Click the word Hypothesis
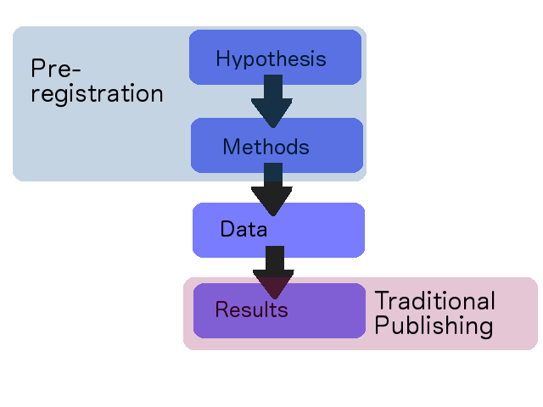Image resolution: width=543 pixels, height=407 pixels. [271, 59]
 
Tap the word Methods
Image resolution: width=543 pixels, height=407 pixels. [266, 147]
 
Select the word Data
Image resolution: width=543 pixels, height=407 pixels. [244, 229]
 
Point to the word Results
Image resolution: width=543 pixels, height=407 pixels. [251, 309]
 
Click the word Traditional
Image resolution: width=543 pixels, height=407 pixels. [435, 300]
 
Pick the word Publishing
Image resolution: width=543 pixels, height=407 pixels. [434, 326]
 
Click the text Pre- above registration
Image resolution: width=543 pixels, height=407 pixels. [56, 68]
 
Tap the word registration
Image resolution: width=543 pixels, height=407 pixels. [97, 93]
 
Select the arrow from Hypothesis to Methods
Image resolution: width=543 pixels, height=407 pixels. [272, 102]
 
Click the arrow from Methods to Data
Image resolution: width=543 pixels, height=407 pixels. [272, 190]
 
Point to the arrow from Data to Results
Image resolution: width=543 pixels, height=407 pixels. [274, 273]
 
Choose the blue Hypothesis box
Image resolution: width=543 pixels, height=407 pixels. [275, 57]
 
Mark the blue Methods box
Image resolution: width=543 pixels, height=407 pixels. [277, 145]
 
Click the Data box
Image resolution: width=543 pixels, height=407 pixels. [279, 230]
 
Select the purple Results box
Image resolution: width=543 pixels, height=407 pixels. [279, 311]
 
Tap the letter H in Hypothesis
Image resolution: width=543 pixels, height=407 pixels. [222, 59]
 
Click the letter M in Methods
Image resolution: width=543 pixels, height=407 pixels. [232, 147]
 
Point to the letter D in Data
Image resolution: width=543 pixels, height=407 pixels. [227, 229]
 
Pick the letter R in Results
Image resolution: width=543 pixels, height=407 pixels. [222, 309]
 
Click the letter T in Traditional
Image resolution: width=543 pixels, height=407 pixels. [382, 300]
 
